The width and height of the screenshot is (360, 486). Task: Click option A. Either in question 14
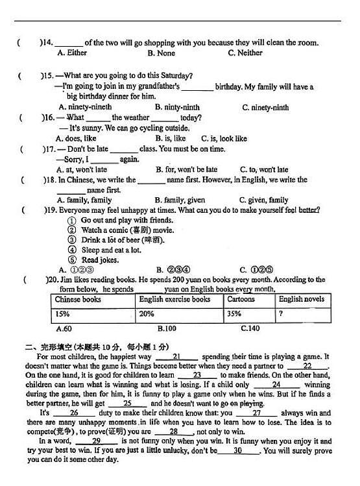click(x=72, y=53)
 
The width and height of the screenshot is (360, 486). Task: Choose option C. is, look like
click(x=224, y=138)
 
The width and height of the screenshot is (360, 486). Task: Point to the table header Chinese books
click(x=78, y=300)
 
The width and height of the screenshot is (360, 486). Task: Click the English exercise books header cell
click(x=174, y=300)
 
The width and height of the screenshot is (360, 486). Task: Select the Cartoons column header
click(x=241, y=300)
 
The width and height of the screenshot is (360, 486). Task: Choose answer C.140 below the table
click(x=250, y=329)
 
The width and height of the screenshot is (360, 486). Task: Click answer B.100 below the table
click(x=167, y=329)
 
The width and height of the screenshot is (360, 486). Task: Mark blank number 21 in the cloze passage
click(x=176, y=357)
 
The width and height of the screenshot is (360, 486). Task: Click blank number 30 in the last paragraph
click(x=237, y=451)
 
